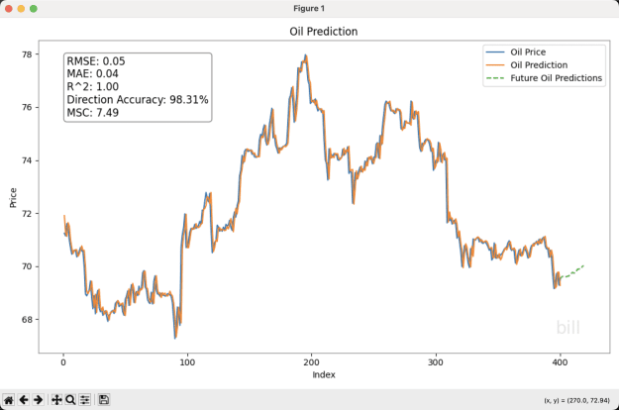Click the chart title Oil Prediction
(323, 32)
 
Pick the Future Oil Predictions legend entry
(544, 78)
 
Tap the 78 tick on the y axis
(27, 54)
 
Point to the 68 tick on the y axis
(27, 320)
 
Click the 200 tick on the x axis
(311, 362)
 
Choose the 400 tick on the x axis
(560, 362)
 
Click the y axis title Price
(13, 198)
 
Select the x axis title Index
(324, 375)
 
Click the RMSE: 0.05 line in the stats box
(96, 61)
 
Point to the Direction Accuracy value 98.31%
(189, 99)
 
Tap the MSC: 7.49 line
(93, 113)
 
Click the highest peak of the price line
(306, 55)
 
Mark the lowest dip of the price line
(175, 338)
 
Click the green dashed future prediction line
(572, 272)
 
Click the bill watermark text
(567, 327)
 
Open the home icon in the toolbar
(9, 400)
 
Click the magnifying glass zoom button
(70, 400)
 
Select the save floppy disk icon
(104, 400)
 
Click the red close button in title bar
(9, 9)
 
